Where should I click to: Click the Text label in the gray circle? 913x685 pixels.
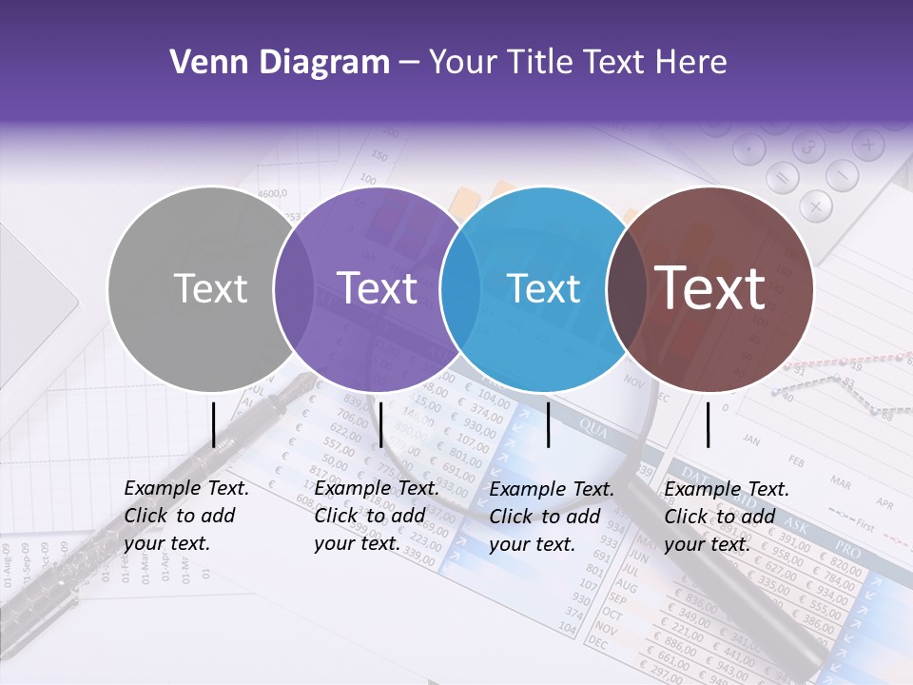point(210,288)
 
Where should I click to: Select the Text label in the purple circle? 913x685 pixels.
point(377,288)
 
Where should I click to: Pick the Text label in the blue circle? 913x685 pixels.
point(544,288)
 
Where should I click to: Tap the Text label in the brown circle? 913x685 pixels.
point(709,288)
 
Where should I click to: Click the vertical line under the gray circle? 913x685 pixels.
point(214,424)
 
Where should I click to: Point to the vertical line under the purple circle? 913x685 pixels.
point(380,424)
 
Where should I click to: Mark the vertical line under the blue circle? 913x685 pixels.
point(549,424)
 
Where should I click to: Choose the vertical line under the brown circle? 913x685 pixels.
point(709,424)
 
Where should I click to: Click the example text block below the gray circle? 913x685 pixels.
point(186,516)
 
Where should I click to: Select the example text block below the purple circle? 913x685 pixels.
point(377,516)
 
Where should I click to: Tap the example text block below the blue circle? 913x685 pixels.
point(552,517)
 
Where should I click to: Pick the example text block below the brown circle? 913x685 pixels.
point(727,517)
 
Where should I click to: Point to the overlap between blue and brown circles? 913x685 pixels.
point(627,288)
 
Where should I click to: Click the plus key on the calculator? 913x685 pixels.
point(867,146)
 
